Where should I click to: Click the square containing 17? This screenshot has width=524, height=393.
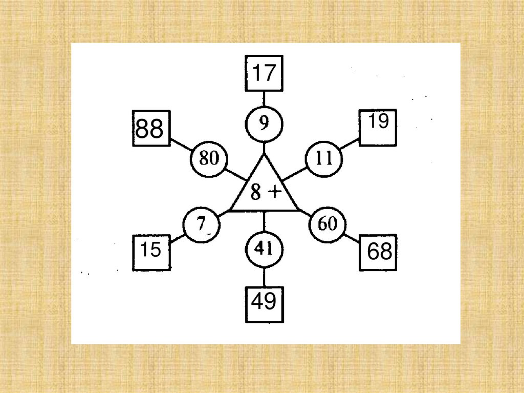(264, 73)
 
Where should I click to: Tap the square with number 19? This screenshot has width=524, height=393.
(378, 128)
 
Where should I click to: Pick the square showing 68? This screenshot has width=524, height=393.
(378, 252)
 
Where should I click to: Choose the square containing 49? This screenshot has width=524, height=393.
(264, 304)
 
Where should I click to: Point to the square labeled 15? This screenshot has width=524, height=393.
(151, 252)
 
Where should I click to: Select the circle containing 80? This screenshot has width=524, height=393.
(209, 159)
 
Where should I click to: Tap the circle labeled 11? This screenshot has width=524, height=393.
(324, 159)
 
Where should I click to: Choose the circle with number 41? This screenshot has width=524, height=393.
(264, 250)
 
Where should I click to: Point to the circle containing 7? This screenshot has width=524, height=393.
(202, 224)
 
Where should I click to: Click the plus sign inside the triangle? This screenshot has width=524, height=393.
(275, 192)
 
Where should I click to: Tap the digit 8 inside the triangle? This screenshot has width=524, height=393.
(256, 193)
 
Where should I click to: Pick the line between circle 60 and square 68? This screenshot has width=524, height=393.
(352, 238)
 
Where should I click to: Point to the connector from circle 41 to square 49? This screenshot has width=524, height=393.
(264, 277)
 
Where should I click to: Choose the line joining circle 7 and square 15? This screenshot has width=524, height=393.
(177, 238)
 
